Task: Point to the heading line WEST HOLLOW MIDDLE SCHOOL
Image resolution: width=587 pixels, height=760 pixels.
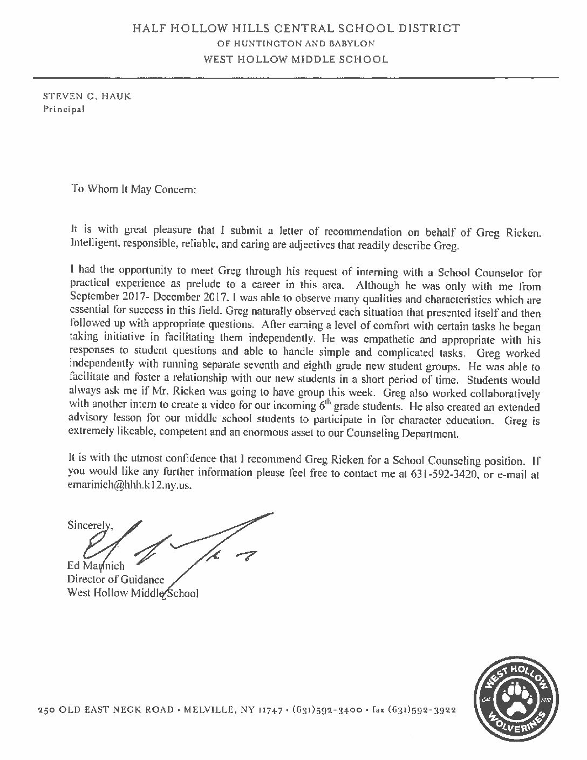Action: (295, 59)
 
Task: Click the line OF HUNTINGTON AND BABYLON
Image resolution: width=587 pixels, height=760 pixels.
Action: (295, 43)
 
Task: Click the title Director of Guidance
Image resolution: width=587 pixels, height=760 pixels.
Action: (115, 579)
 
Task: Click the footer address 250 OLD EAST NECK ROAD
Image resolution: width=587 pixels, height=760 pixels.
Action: (106, 710)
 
